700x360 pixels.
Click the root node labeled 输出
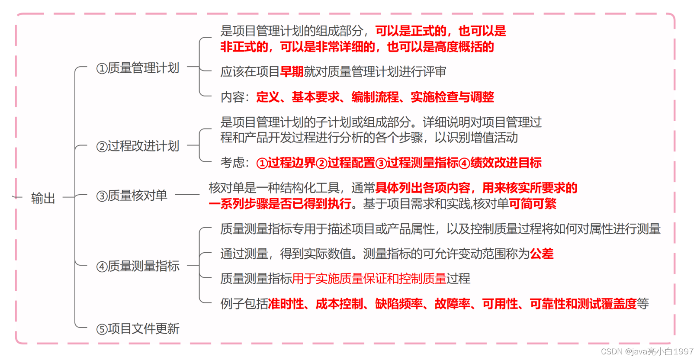click(43, 198)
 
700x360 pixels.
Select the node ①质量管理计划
click(138, 68)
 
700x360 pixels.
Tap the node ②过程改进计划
click(138, 146)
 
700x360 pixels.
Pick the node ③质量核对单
click(132, 196)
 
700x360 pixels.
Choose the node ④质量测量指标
click(138, 266)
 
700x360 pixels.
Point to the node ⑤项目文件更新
click(138, 329)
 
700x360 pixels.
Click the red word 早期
click(292, 72)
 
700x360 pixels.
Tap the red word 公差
click(542, 254)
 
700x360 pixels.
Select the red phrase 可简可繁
click(533, 204)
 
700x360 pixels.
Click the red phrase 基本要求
click(315, 97)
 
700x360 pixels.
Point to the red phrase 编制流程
click(375, 97)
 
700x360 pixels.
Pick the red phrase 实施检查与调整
click(452, 97)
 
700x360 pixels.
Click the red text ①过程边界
click(286, 163)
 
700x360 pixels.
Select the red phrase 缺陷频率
click(398, 304)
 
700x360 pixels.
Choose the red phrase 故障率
click(452, 304)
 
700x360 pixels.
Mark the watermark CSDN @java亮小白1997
click(647, 351)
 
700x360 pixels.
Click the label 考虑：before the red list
click(235, 163)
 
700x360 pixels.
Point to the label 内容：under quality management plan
click(235, 97)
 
